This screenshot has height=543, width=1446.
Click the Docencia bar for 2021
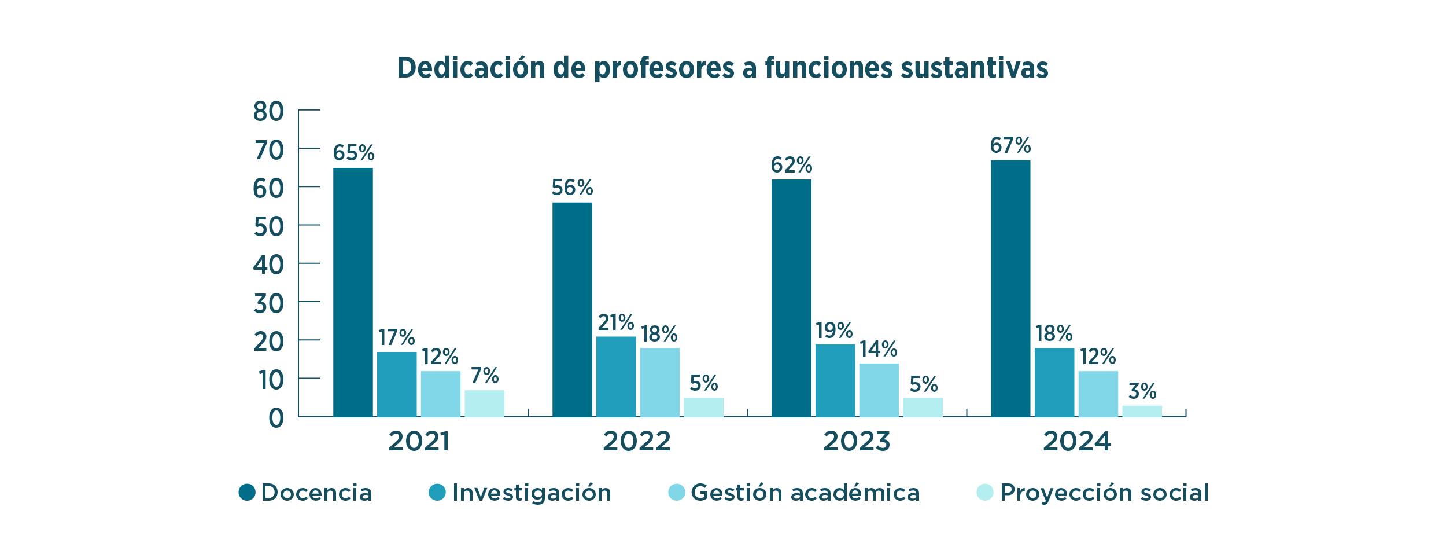(353, 292)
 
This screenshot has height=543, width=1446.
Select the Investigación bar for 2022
(616, 376)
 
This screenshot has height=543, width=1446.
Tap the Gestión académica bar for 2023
(879, 390)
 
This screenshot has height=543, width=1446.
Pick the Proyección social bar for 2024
(1142, 411)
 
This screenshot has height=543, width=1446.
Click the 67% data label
(1010, 145)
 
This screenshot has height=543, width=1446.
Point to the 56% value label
(572, 188)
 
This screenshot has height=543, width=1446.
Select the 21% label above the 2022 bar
(615, 322)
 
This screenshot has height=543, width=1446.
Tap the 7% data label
(484, 376)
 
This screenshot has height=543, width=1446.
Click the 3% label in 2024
(1142, 391)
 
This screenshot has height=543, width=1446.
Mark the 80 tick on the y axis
(268, 112)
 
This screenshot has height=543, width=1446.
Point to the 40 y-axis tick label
(268, 265)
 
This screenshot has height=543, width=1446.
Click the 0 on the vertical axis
(276, 418)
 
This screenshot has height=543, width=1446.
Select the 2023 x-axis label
(857, 442)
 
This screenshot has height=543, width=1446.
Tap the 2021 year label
(418, 442)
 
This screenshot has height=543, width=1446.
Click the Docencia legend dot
(247, 493)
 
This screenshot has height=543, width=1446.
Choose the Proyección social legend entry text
(1104, 493)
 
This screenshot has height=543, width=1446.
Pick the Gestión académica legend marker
(676, 493)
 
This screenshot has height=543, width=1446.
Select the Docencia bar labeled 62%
(791, 298)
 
